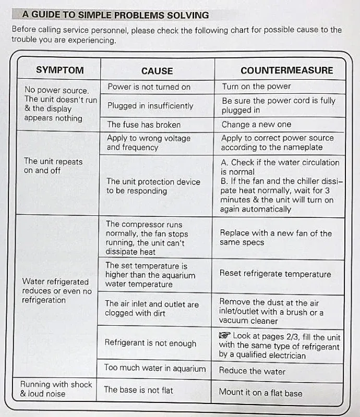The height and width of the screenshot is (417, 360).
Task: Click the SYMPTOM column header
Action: point(59,70)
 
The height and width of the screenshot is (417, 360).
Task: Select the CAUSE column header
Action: point(157,71)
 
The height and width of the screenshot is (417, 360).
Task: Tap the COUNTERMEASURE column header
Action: point(286,70)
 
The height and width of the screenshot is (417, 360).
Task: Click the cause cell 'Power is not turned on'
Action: point(149,87)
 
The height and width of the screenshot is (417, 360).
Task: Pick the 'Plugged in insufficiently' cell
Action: point(150,106)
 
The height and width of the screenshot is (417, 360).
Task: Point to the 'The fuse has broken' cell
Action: point(143,125)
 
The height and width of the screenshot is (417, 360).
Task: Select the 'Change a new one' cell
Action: point(256,125)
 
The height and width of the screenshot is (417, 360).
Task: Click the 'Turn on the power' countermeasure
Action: point(256,87)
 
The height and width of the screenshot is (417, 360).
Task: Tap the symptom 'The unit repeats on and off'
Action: point(53,166)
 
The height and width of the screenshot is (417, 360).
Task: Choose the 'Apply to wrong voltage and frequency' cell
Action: point(149,143)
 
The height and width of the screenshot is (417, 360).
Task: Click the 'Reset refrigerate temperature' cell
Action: point(275,274)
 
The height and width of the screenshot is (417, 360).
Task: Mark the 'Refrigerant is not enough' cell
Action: point(150,343)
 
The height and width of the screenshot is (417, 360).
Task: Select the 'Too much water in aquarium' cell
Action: point(155,368)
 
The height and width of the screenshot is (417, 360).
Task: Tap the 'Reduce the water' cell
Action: point(252,371)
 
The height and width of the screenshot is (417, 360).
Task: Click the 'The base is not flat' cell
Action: point(138,389)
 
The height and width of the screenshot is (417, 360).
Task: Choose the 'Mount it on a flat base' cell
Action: point(260,393)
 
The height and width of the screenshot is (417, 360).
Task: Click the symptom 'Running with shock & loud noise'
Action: point(56,389)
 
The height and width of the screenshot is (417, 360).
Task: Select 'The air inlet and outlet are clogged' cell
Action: point(152,309)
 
